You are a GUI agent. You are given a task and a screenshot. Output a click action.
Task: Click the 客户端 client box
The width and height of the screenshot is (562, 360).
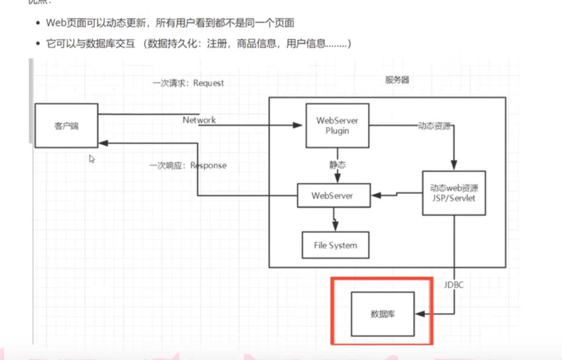click(66, 126)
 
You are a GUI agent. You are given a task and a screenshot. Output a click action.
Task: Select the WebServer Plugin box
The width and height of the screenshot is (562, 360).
click(337, 126)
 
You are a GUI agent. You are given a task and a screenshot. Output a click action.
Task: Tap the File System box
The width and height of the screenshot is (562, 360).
click(335, 245)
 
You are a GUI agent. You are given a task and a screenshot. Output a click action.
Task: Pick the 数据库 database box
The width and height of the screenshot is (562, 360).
click(383, 314)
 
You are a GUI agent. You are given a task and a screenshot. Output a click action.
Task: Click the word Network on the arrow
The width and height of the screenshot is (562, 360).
click(199, 120)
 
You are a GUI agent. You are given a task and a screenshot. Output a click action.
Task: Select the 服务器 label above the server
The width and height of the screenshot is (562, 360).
click(397, 80)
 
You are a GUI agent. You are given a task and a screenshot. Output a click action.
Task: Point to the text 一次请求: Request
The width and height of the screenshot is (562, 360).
click(188, 83)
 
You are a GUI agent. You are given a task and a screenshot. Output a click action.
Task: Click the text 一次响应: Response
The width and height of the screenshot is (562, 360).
click(188, 165)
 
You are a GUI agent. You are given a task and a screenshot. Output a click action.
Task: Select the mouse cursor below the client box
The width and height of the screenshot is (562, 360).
click(92, 159)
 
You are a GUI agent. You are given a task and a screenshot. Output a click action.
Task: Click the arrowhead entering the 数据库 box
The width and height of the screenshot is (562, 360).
click(419, 314)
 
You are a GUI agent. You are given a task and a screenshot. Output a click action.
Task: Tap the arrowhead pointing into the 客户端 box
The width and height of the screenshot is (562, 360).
click(103, 142)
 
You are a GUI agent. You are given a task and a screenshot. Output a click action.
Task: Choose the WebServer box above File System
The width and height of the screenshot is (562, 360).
click(333, 195)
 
